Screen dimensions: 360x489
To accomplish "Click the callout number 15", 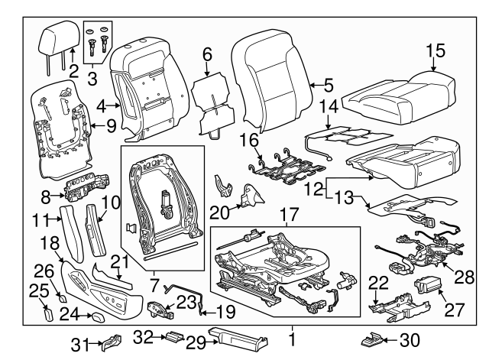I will pos(435,51).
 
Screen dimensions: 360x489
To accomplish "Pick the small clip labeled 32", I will pos(174,336).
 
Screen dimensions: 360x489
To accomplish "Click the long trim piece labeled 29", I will pos(237,336).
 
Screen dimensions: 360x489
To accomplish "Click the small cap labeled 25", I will pos(48,312).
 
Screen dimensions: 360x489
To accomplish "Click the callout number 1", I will pos(291,336).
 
